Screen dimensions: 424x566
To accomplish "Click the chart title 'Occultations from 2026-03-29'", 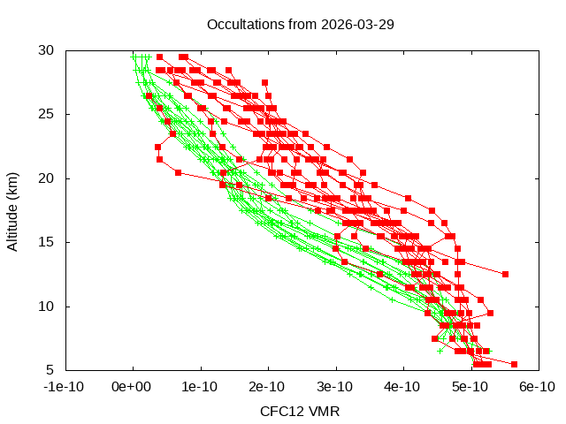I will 300,24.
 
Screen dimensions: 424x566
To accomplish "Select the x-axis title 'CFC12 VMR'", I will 300,411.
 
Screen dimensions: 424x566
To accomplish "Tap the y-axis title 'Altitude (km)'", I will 13,210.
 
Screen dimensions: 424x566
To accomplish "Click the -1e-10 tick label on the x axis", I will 65,387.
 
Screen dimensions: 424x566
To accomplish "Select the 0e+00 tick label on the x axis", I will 133,387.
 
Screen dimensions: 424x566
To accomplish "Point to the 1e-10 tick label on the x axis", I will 201,387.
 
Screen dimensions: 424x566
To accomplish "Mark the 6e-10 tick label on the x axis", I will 537,387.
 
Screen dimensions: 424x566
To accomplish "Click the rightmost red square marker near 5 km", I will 514,364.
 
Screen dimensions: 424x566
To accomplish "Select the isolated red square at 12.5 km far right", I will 505,274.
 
